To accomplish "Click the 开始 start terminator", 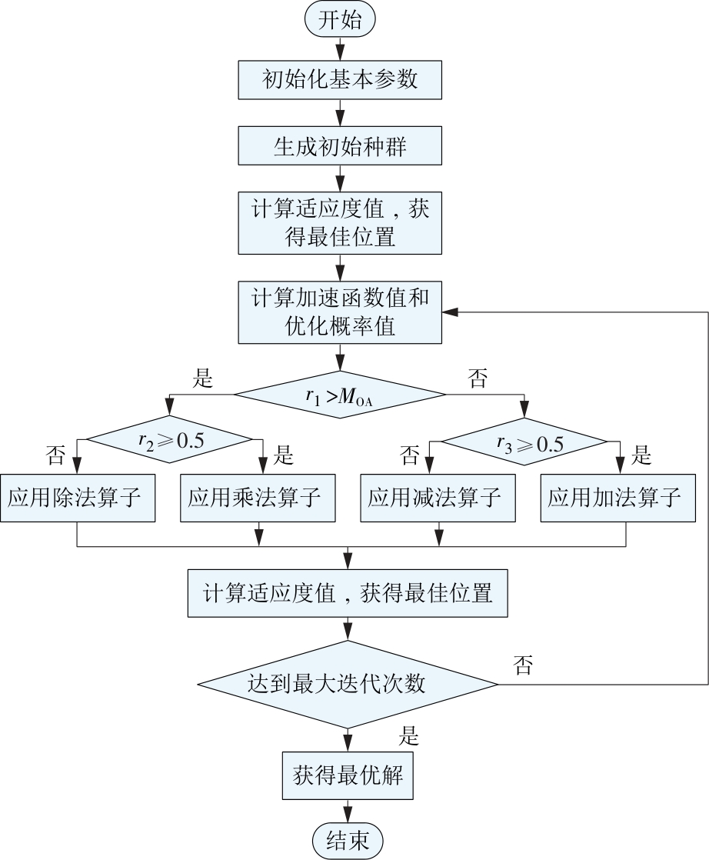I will (339, 19).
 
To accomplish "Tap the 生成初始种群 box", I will (340, 145).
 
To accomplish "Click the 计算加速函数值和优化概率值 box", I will (340, 312).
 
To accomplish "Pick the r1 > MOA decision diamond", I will (340, 395).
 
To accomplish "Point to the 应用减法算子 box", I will (436, 498).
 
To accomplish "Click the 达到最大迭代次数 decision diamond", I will (348, 683).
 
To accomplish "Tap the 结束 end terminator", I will (348, 838).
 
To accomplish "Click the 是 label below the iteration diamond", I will (408, 735).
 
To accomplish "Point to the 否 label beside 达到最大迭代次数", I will (523, 665).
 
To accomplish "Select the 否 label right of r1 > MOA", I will (478, 378).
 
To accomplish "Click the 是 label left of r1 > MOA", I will (202, 378).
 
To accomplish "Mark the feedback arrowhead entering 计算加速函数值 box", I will (449, 312).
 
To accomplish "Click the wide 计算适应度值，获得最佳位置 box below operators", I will (348, 593).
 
